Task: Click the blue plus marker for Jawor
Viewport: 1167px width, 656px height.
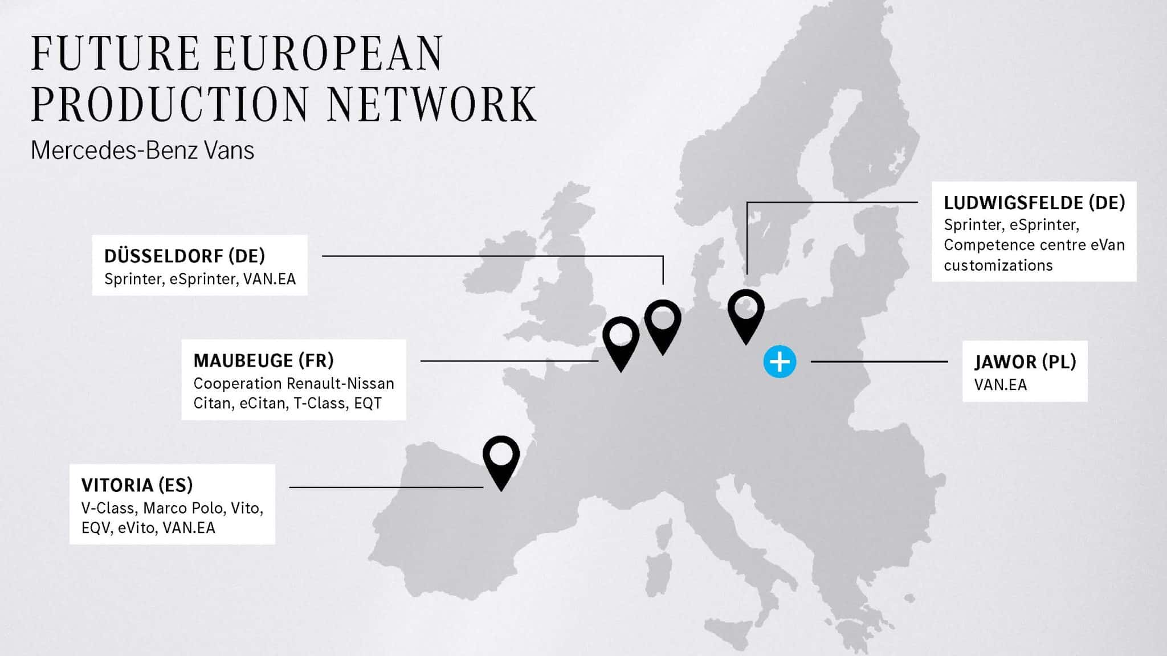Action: (x=780, y=362)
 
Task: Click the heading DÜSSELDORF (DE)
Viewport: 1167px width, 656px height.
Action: (x=185, y=256)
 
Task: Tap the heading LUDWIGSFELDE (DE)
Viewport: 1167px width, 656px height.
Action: (x=1034, y=203)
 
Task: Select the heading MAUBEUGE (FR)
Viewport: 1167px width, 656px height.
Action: (x=263, y=360)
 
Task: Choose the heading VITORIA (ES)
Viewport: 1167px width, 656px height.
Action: (x=137, y=485)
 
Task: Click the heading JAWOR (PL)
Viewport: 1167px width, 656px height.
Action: (x=1025, y=362)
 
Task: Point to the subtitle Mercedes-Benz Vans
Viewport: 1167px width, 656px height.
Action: (x=142, y=150)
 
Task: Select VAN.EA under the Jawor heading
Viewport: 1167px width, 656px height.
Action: (x=1000, y=385)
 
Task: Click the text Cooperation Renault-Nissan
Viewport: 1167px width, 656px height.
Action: (x=293, y=383)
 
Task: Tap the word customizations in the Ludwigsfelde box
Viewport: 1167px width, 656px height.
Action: (x=998, y=265)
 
